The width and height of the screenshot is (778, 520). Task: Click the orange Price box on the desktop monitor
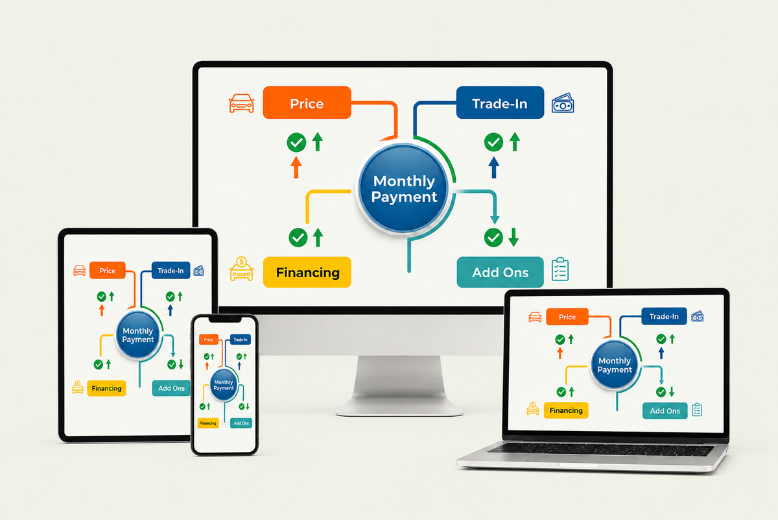307,103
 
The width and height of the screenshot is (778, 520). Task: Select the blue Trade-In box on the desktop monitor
500,103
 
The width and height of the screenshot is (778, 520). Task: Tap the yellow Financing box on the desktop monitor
307,272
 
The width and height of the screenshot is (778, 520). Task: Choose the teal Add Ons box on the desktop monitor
500,272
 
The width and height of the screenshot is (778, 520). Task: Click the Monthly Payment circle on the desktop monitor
403,188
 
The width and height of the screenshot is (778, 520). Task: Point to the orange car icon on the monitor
241,103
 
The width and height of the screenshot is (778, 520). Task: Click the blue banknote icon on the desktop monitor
563,103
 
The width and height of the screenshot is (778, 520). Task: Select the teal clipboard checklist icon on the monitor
560,269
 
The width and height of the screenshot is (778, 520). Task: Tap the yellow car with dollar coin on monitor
241,269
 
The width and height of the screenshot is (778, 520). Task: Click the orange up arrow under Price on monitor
296,167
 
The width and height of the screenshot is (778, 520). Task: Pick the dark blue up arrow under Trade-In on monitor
494,167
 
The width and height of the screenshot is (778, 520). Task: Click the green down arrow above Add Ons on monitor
513,237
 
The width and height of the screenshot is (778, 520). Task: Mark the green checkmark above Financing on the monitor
298,238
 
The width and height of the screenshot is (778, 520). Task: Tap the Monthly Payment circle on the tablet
138,334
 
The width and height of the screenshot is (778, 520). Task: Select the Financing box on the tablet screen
106,388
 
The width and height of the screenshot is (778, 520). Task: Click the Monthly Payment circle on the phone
224,385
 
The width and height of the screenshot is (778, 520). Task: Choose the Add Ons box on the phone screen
241,423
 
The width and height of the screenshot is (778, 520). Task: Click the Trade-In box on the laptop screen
664,316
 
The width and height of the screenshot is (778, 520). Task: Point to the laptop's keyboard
601,449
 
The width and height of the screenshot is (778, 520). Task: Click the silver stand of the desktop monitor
399,386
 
